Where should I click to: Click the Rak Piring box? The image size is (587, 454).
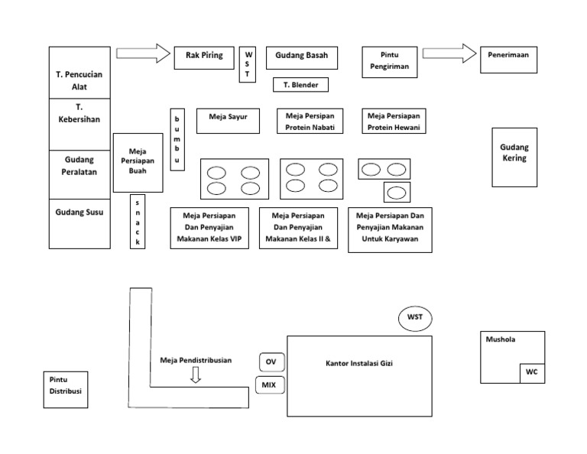tap(204, 58)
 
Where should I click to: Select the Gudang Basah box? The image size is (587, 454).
tap(301, 58)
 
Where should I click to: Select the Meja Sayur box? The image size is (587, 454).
tap(228, 120)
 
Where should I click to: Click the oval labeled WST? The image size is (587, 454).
tap(414, 316)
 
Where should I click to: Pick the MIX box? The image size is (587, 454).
tap(268, 384)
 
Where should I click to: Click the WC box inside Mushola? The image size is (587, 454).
tap(531, 372)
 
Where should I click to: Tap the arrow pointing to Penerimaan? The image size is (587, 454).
tap(448, 54)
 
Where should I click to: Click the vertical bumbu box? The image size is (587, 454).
tap(177, 138)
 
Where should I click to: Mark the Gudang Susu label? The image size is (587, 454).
tap(79, 212)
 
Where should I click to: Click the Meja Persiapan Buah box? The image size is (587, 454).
tap(138, 161)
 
